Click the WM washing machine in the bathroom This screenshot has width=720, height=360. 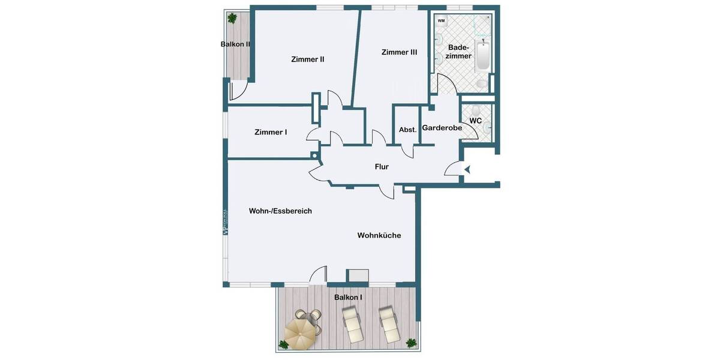[442, 21]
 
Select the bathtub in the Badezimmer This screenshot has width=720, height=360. [483, 56]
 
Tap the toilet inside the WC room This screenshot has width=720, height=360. [476, 111]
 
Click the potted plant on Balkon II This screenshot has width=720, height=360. [232, 18]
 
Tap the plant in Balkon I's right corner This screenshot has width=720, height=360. [411, 343]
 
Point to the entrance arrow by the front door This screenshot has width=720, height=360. [467, 170]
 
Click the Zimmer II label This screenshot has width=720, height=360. [307, 59]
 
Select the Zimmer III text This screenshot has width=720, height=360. [399, 53]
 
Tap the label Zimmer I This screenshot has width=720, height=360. [270, 132]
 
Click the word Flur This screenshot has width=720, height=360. [382, 167]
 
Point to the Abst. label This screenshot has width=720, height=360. [407, 130]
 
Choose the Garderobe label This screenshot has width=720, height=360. [442, 128]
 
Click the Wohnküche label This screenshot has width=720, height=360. [379, 236]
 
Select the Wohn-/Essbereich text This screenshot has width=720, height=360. [280, 211]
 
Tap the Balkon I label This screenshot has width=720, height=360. [348, 298]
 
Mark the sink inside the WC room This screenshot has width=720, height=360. [488, 126]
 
